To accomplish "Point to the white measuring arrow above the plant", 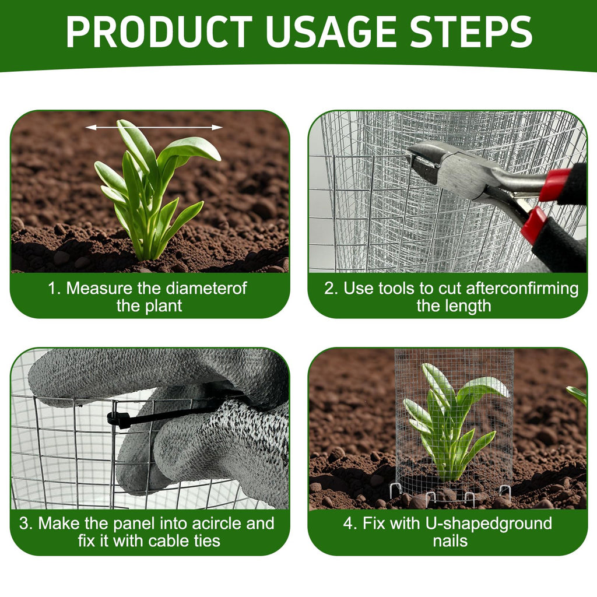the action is tap(154, 128).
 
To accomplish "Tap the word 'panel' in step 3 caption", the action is tap(135, 524).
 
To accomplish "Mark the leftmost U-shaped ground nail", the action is tap(396, 490).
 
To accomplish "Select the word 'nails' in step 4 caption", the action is tap(450, 540).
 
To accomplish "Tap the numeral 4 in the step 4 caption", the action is tap(347, 524).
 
